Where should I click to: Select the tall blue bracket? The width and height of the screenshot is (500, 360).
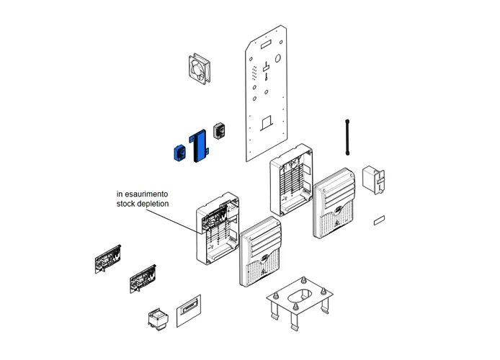pos(197,146)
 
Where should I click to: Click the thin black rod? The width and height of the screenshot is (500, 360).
pos(347,137)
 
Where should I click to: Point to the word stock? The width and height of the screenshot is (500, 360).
pos(127,204)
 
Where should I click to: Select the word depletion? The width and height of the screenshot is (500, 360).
pos(153,204)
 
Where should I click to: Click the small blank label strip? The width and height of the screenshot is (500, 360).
pos(380,220)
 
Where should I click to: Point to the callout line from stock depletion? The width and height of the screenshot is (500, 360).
pos(188,220)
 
